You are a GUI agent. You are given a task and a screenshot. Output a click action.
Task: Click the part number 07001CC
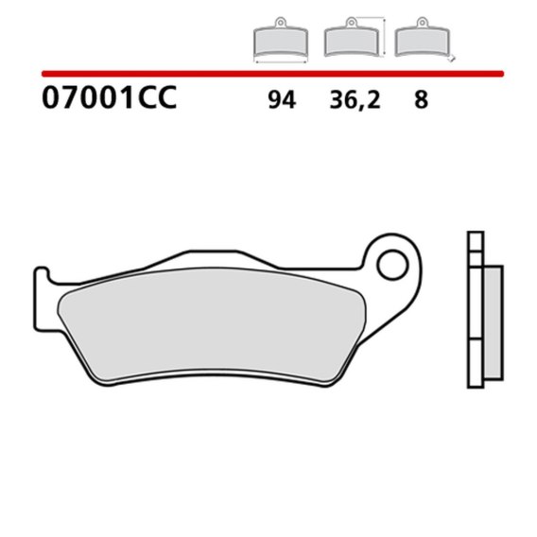[x=110, y=97]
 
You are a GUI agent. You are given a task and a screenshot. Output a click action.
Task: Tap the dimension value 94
[x=282, y=100]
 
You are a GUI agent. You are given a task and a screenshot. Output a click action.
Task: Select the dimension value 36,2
[x=355, y=100]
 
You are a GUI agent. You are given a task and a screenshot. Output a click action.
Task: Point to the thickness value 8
[x=422, y=100]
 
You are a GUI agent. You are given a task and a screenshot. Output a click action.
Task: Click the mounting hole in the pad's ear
[x=392, y=265]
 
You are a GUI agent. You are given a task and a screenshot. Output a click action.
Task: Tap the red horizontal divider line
[x=272, y=74]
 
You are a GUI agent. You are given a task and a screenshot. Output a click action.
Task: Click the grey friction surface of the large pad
[x=212, y=324]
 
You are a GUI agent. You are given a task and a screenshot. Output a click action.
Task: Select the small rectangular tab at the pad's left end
[x=42, y=299]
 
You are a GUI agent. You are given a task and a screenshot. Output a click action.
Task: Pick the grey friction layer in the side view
[x=494, y=323]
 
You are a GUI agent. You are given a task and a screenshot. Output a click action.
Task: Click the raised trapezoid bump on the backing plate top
[x=213, y=259]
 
